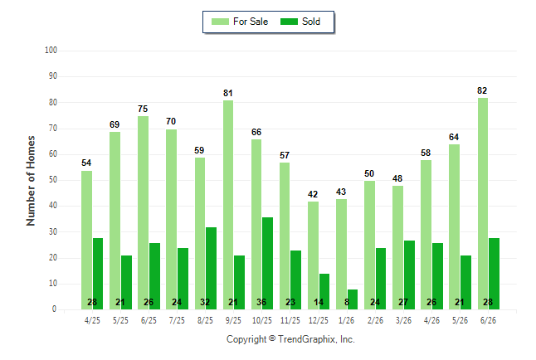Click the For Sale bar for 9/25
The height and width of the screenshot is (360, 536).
point(228,205)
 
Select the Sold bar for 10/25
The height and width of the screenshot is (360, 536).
point(268,263)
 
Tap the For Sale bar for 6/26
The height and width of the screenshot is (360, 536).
point(483,204)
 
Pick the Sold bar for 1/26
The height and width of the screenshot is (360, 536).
point(353,299)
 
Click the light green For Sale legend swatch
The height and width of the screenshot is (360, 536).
point(220,22)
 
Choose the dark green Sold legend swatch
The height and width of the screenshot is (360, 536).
point(290,22)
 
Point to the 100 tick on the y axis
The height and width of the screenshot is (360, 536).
point(51,51)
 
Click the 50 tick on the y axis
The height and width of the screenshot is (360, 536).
point(52,180)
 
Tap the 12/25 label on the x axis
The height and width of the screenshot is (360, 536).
point(319,320)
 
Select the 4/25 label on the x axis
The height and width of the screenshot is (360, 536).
point(92,320)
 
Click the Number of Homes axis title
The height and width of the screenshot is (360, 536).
point(31,181)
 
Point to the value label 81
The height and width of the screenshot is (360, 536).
point(228,93)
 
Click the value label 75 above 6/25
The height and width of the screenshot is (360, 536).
point(143,109)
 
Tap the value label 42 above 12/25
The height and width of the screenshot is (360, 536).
point(313,194)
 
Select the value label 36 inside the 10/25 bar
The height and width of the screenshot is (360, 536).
point(261,302)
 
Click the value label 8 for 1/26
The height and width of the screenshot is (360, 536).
point(347,302)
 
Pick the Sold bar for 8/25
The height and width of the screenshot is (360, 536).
point(211,269)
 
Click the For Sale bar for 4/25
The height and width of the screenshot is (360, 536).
point(87,240)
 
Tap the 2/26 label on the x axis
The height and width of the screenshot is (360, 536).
point(375,320)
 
